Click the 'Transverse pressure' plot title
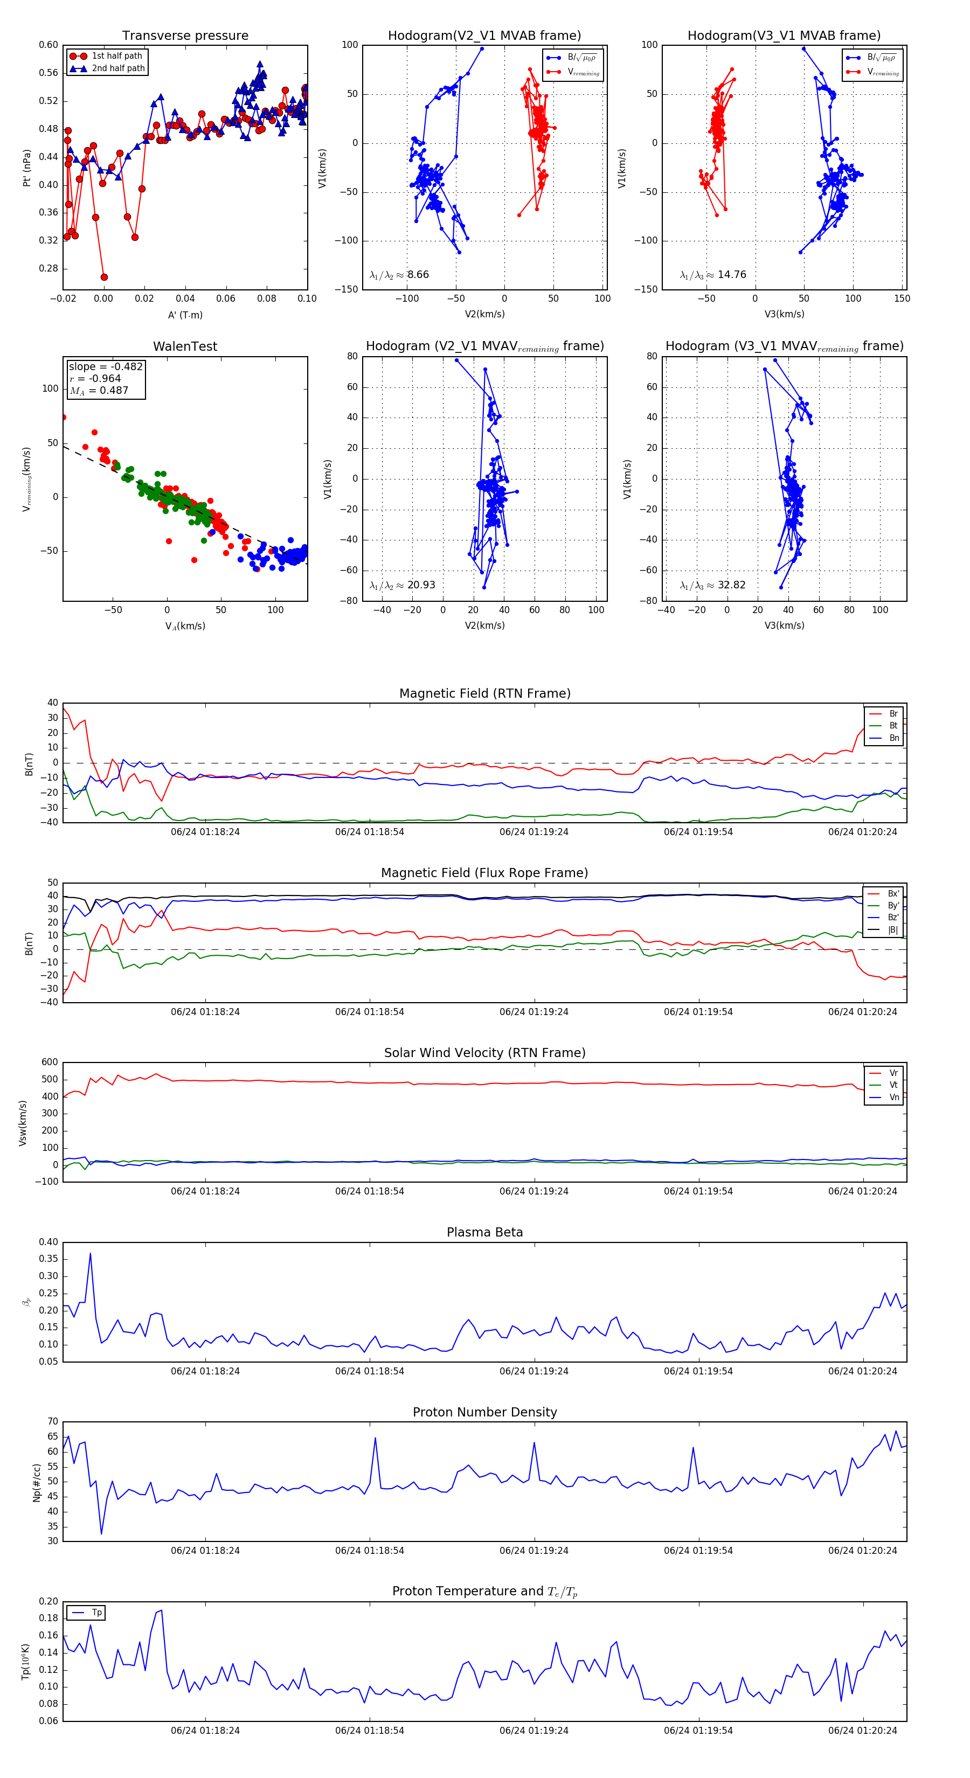[185, 36]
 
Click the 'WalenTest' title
[185, 346]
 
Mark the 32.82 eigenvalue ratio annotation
[712, 585]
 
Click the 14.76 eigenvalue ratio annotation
[713, 275]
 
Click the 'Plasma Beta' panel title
[484, 1232]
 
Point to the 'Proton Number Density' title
[484, 1412]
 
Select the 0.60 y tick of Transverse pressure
[48, 45]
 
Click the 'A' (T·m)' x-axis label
[185, 315]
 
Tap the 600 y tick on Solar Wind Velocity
[50, 1062]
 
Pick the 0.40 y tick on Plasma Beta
[48, 1242]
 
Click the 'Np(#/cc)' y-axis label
[37, 1483]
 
